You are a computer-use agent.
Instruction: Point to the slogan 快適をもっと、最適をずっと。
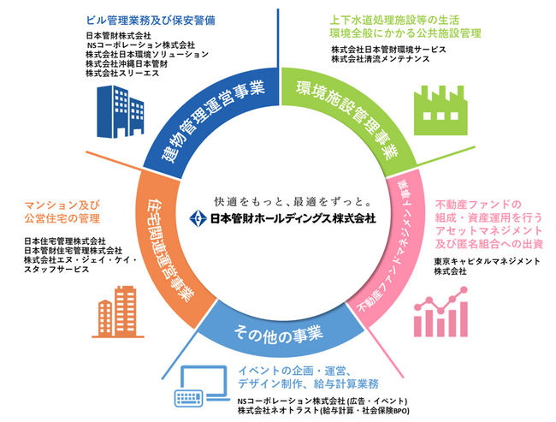point(278,202)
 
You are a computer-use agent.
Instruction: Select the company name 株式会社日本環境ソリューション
point(147,55)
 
